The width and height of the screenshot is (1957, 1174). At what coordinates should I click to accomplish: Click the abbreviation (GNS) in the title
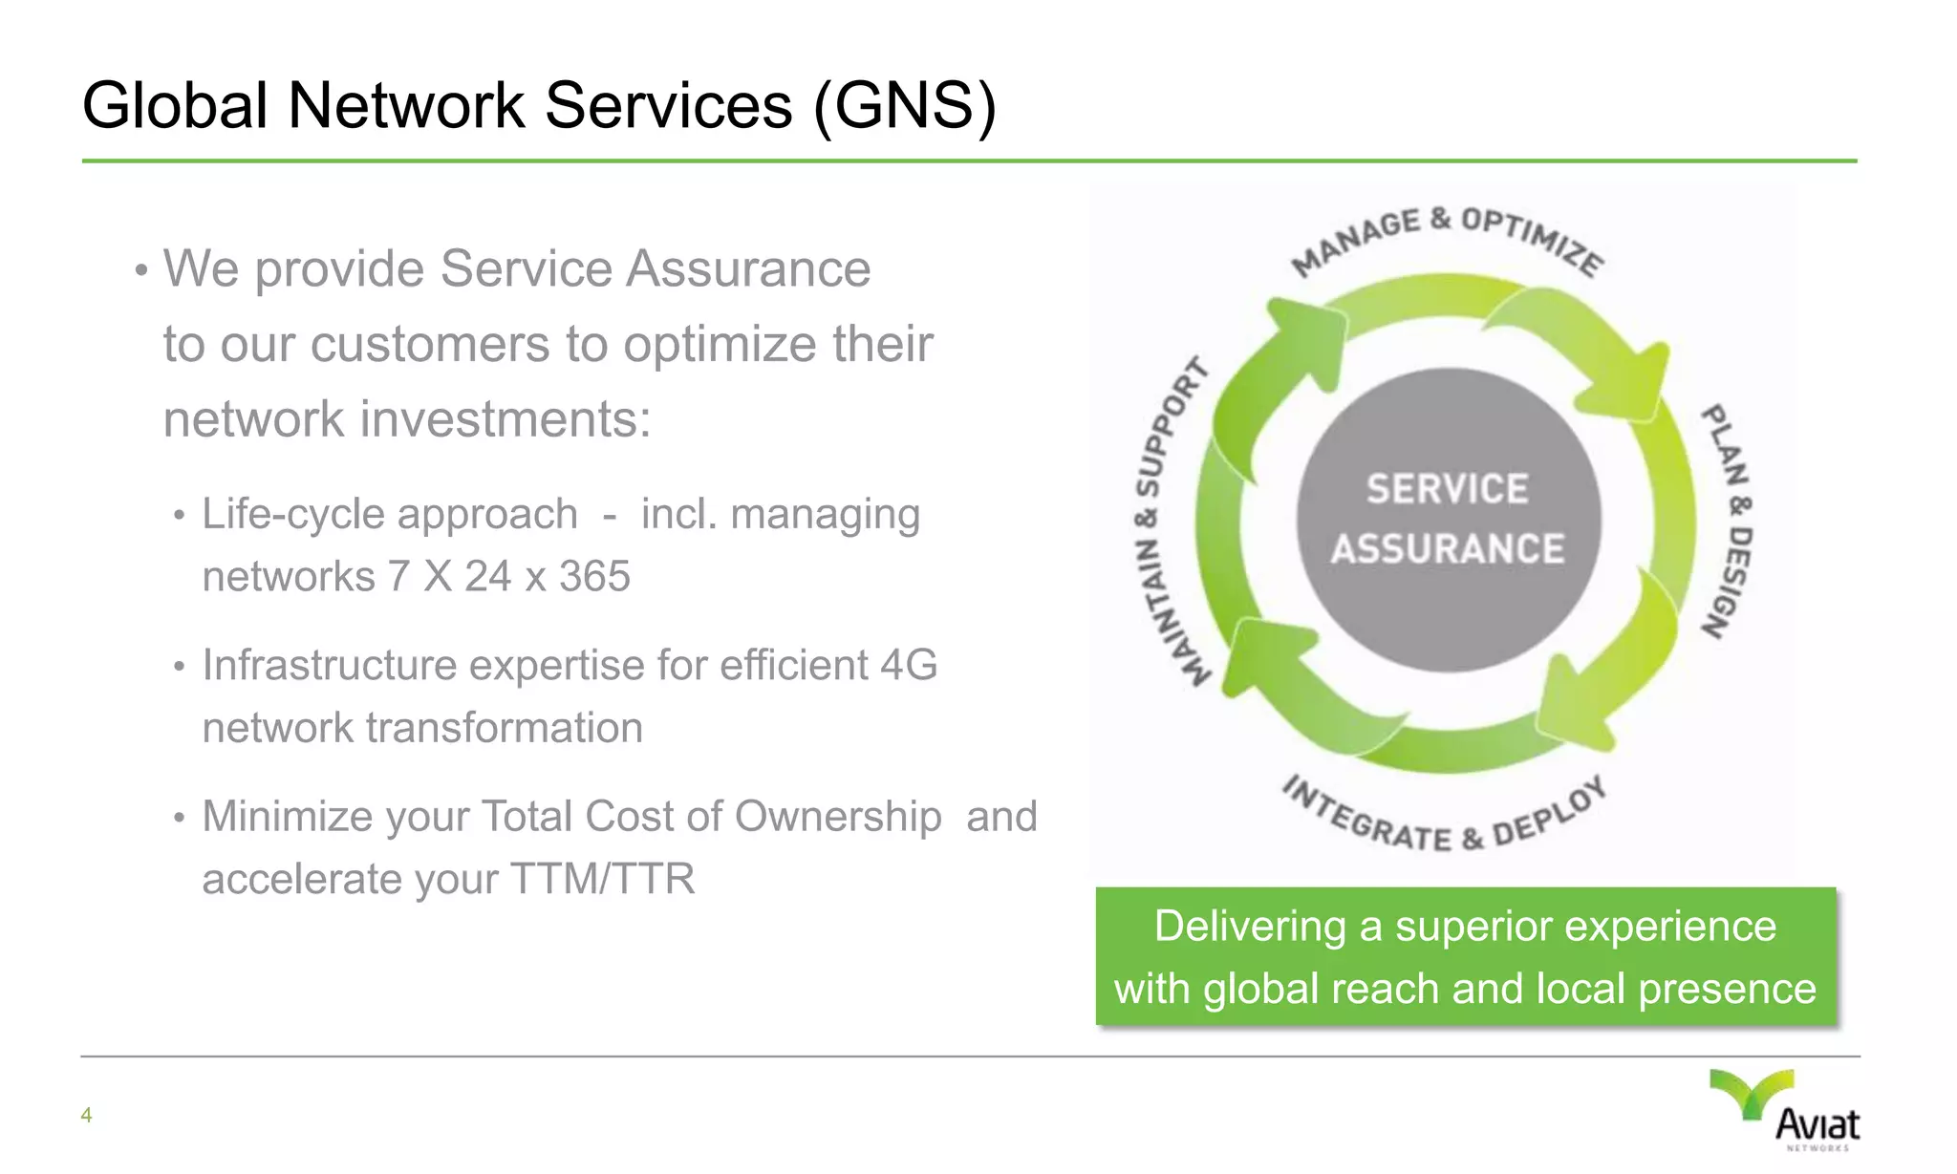[x=905, y=105]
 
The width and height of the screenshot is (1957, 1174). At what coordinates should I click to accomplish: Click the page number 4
[x=86, y=1115]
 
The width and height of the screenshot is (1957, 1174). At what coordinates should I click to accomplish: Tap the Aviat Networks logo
[x=1786, y=1110]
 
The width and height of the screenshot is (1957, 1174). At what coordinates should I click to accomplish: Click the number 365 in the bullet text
[x=594, y=577]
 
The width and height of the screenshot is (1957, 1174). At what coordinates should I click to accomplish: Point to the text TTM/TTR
[x=603, y=879]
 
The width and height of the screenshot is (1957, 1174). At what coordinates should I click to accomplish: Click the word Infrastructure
[x=330, y=665]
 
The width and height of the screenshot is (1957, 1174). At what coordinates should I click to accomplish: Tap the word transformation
[x=505, y=728]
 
